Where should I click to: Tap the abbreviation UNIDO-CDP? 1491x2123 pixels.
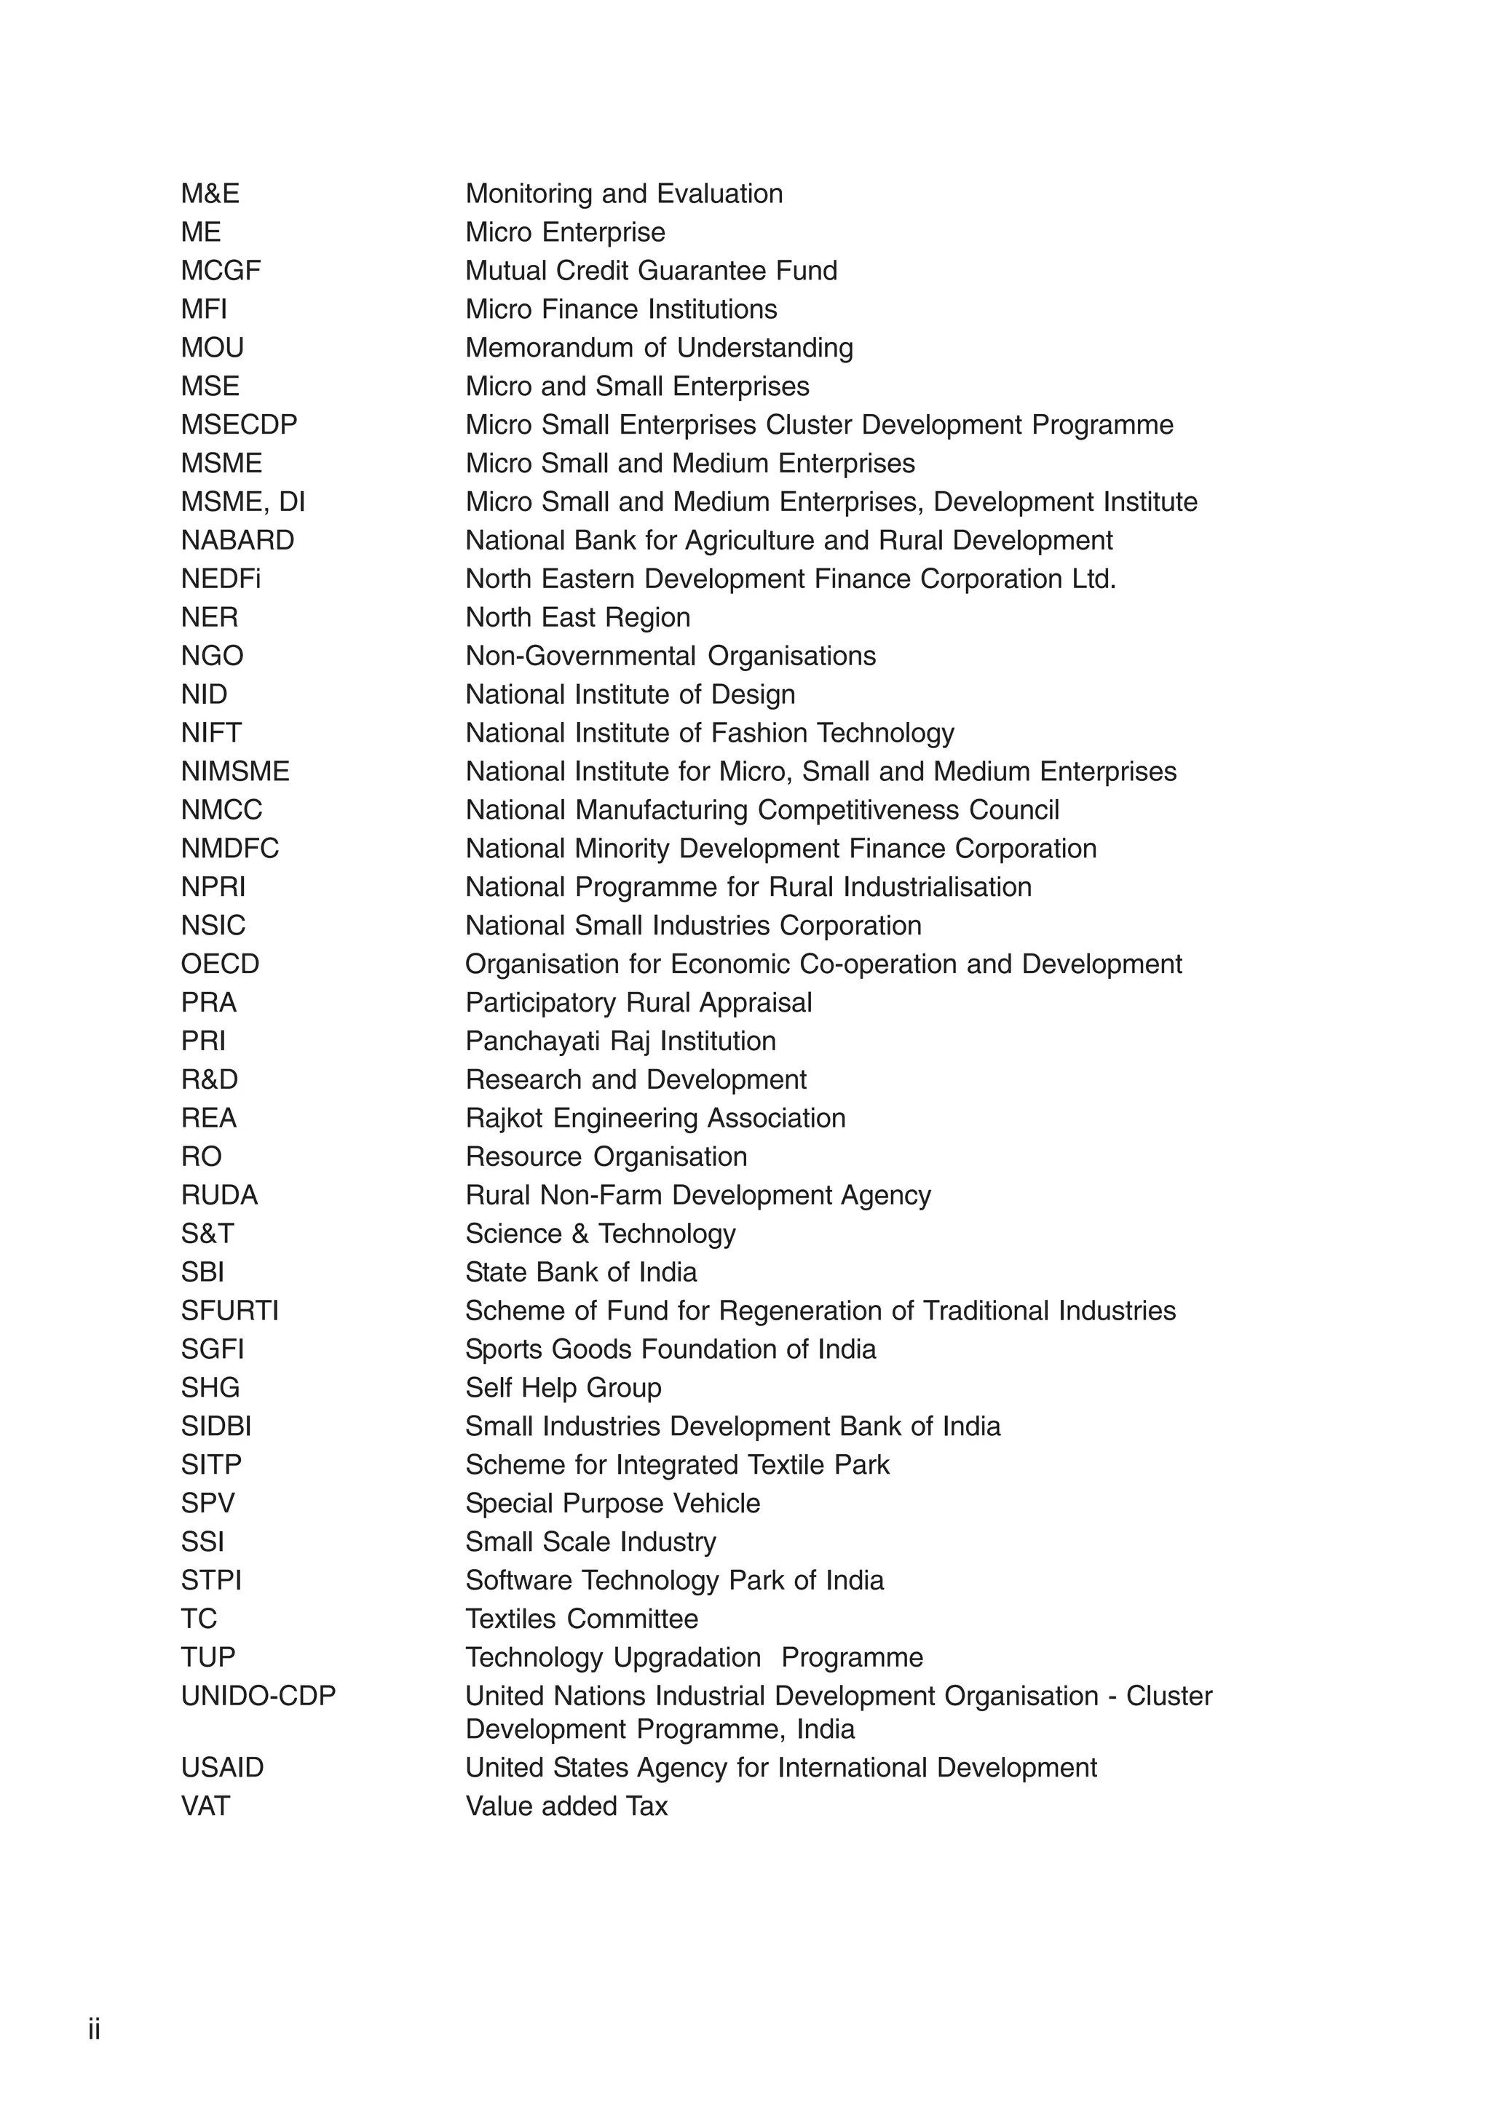coord(258,1696)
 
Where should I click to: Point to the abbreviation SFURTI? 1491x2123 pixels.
coord(229,1310)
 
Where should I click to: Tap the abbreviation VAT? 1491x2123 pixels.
coord(205,1806)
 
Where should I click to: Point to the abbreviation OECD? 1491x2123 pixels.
coord(220,964)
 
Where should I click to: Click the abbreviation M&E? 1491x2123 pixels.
coord(210,194)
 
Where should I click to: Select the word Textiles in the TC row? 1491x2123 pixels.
coord(512,1619)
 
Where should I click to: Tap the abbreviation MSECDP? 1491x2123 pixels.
coord(239,424)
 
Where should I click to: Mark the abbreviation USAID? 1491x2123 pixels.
coord(222,1767)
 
